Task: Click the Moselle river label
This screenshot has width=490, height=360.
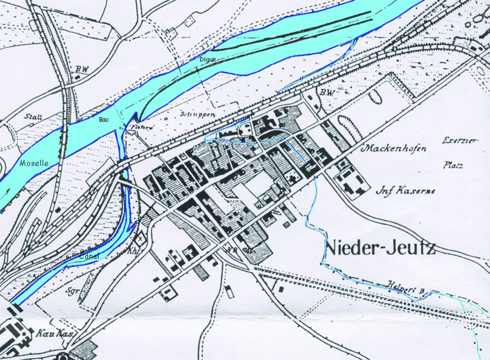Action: pyautogui.click(x=33, y=163)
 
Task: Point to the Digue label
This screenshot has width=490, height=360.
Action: pyautogui.click(x=208, y=59)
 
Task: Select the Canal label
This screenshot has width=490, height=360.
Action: pyautogui.click(x=89, y=256)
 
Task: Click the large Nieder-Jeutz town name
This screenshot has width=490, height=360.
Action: pyautogui.click(x=380, y=248)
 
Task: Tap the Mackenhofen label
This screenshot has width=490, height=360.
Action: pyautogui.click(x=394, y=149)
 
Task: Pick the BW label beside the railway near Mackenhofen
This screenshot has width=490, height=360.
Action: pyautogui.click(x=326, y=92)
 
